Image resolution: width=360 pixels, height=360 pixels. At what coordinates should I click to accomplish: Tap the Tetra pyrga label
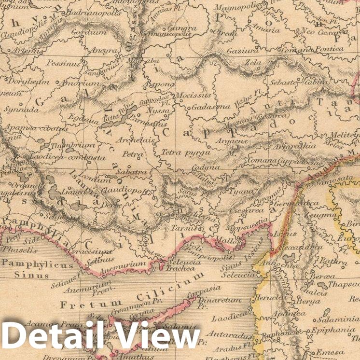pos(179,152)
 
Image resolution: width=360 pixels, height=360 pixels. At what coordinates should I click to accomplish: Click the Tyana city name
pos(242,191)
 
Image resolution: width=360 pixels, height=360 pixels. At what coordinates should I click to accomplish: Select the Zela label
pos(253,63)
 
